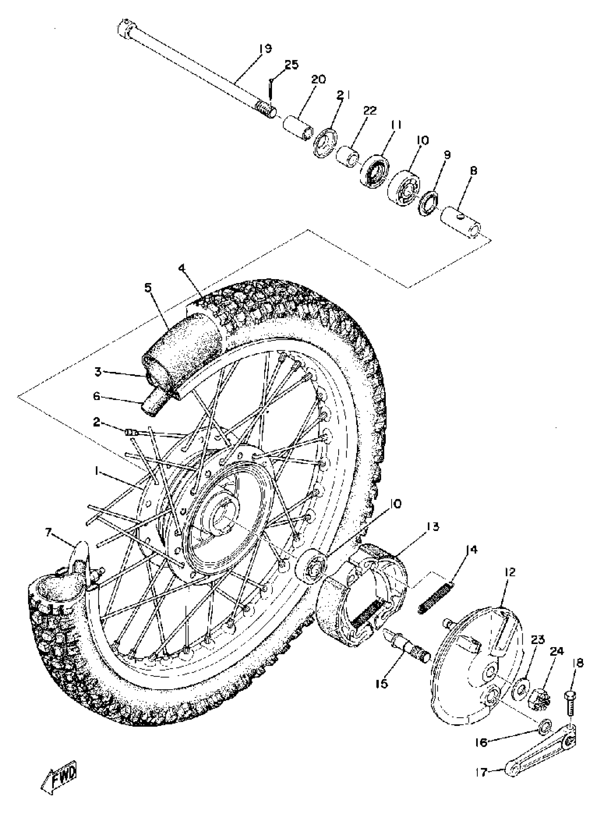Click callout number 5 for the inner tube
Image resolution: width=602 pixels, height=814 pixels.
click(x=147, y=288)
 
